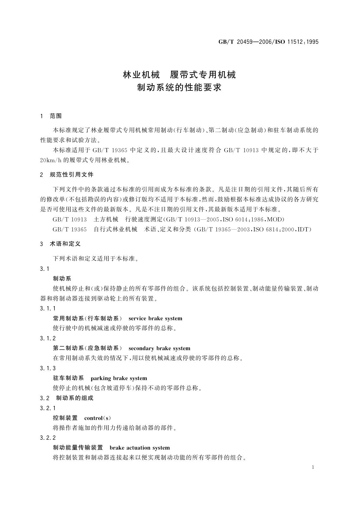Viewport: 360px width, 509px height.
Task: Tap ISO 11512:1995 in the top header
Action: pos(298,42)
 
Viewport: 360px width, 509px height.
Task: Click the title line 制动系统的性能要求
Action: pos(180,88)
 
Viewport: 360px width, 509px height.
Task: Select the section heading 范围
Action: pos(56,116)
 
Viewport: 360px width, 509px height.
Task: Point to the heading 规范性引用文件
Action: pos(72,175)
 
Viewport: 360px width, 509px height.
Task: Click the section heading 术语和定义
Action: pos(65,244)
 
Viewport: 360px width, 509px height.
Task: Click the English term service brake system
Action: pos(155,318)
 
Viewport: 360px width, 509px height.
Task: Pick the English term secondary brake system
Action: pos(159,348)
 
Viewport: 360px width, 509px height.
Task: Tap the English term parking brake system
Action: pos(119,378)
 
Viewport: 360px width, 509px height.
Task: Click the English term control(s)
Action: pos(98,418)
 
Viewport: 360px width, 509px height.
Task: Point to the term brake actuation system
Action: pos(140,448)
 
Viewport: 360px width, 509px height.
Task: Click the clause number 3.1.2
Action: pos(48,338)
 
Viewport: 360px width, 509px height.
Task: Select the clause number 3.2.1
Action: pos(48,408)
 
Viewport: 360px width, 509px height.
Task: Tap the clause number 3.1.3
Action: pos(48,368)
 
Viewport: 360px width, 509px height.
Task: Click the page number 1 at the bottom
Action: pos(313,467)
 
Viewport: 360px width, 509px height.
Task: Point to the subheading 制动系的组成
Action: pos(75,398)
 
